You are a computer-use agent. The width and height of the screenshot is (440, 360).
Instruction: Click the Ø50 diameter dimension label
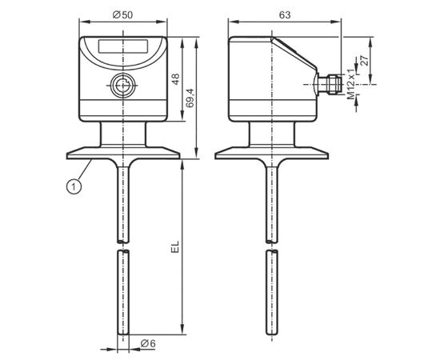pos(122,14)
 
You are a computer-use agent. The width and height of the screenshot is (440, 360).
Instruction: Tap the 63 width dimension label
pos(285,15)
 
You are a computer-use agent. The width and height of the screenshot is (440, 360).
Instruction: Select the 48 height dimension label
pos(176,79)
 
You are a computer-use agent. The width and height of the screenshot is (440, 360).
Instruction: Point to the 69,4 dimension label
pos(190,98)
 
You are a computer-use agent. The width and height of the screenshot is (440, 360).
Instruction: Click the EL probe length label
pos(175,247)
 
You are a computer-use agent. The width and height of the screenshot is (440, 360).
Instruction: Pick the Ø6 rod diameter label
pos(148,343)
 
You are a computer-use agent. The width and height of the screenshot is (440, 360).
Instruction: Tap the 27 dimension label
pos(364,61)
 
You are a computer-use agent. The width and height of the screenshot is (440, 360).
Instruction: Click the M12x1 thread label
pos(351,84)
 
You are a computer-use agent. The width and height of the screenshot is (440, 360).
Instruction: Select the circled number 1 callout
pos(74,186)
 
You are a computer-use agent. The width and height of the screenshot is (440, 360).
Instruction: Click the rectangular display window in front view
pos(123,46)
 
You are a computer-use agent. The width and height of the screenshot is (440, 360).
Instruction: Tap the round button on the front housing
pos(123,85)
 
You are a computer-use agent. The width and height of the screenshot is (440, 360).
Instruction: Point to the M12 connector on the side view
pos(330,84)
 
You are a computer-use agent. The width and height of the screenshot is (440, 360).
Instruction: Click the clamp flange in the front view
pos(123,154)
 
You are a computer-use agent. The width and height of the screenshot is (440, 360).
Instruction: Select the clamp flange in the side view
pos(272,154)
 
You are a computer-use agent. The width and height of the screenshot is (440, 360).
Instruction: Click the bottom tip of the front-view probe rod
pos(123,334)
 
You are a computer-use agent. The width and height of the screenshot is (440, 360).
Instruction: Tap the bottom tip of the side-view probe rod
pos(272,334)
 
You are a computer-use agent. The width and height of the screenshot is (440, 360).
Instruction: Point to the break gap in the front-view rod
pos(123,246)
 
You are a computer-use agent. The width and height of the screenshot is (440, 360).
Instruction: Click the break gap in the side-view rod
pos(272,246)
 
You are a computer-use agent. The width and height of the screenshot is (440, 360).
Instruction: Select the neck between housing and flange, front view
pos(123,134)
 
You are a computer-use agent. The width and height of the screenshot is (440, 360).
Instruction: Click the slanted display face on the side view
pos(294,54)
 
